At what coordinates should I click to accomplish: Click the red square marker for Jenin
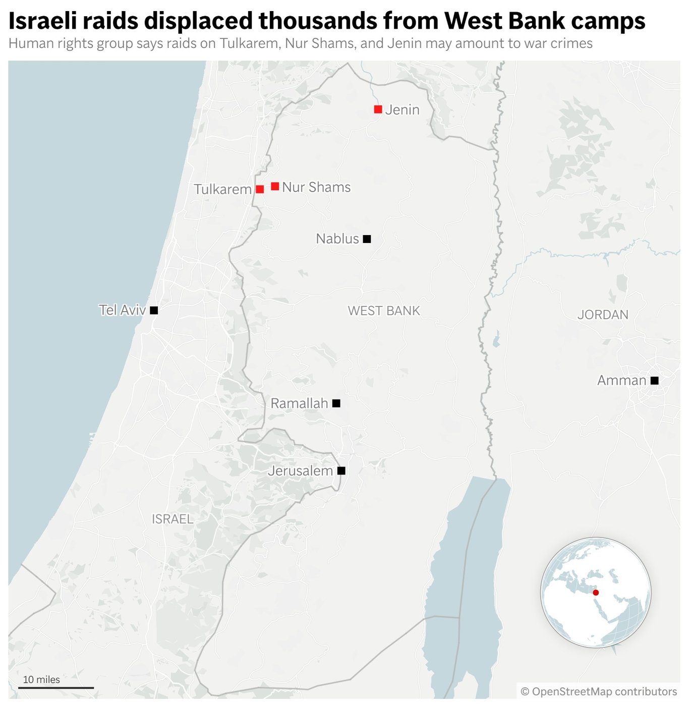378,109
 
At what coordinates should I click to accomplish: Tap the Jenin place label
402,110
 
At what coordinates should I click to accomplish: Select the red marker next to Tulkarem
260,190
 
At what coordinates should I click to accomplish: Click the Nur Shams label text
316,187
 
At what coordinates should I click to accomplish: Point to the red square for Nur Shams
275,187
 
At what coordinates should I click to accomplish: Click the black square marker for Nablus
367,239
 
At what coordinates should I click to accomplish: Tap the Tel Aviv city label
122,310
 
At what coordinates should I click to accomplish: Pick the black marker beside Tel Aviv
154,311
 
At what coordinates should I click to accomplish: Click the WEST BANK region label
384,311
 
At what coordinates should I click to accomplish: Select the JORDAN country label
603,315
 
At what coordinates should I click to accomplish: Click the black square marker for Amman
654,381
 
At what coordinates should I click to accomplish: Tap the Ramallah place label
299,403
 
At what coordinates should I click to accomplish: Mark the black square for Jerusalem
341,471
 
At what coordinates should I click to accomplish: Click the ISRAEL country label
173,519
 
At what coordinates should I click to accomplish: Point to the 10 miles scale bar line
56,688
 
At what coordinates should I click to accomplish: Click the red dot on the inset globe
596,593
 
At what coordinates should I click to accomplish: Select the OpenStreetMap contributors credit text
599,691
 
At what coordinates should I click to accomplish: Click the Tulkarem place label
222,190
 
